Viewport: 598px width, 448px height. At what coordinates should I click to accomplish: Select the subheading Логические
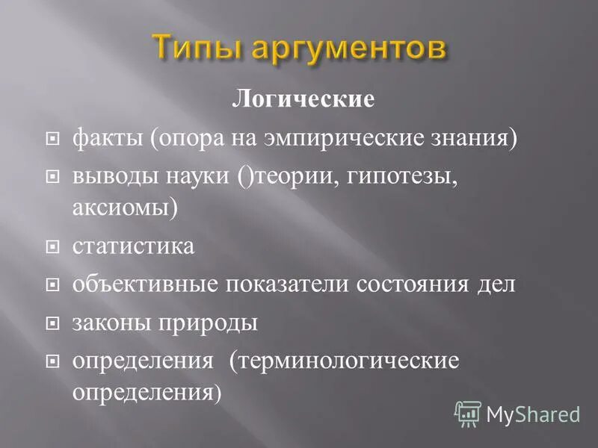[x=303, y=99]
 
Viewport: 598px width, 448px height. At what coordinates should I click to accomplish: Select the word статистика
[x=133, y=246]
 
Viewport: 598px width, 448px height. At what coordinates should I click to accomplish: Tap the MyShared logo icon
[x=469, y=412]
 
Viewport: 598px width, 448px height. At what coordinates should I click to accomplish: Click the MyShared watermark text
[x=533, y=413]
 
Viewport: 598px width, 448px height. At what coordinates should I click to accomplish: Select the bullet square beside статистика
[x=52, y=247]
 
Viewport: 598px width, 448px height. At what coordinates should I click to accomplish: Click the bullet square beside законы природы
[x=52, y=324]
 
